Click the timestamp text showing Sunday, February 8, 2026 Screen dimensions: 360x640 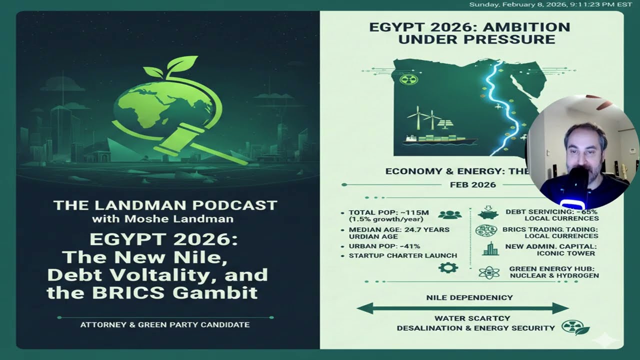[550, 4]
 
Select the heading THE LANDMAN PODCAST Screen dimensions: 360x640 [165, 205]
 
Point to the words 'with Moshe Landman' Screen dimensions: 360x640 [162, 218]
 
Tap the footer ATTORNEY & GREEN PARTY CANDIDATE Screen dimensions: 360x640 [165, 325]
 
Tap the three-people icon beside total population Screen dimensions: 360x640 [449, 215]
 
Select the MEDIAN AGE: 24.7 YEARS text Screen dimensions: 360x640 [399, 229]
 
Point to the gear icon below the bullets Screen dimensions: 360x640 [447, 268]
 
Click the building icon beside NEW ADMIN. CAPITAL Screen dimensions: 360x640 [490, 249]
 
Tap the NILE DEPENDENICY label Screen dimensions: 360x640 [469, 297]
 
